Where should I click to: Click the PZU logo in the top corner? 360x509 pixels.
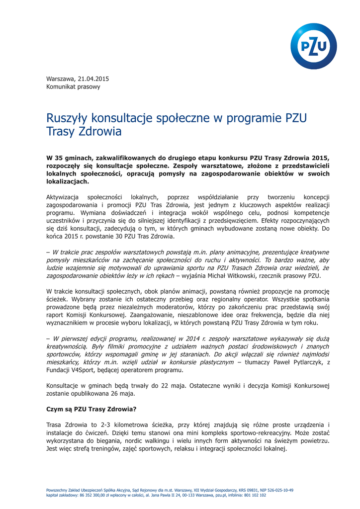coord(313,46)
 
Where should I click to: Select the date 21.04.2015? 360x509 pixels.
coord(92,79)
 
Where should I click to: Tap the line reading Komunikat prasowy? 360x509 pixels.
coord(73,87)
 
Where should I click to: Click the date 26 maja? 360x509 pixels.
coord(123,394)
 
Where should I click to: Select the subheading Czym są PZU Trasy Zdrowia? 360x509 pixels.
coord(91,410)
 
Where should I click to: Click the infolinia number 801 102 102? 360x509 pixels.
coord(256,495)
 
